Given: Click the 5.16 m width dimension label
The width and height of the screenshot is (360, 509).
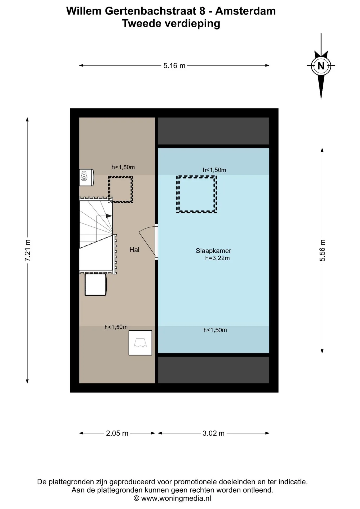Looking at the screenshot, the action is pyautogui.click(x=174, y=65).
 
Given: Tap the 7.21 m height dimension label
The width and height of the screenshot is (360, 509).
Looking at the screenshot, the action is pyautogui.click(x=28, y=250).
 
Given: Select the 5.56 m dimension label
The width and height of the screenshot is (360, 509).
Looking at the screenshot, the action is pyautogui.click(x=322, y=250).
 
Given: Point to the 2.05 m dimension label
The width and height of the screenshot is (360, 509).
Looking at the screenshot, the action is pyautogui.click(x=117, y=433).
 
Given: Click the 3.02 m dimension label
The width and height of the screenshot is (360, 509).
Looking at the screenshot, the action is pyautogui.click(x=213, y=433).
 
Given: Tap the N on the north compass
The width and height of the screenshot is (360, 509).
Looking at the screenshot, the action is pyautogui.click(x=321, y=66).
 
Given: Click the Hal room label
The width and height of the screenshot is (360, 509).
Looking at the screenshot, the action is pyautogui.click(x=134, y=249).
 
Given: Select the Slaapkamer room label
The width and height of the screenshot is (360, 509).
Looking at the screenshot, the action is pyautogui.click(x=213, y=251).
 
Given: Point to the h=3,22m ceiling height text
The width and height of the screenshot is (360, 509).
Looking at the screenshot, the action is pyautogui.click(x=217, y=258).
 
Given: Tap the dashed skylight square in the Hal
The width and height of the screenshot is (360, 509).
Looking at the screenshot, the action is pyautogui.click(x=120, y=177).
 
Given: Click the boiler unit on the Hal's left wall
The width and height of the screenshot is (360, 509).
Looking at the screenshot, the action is pyautogui.click(x=86, y=177).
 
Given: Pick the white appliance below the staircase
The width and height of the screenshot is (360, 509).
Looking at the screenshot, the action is pyautogui.click(x=95, y=285).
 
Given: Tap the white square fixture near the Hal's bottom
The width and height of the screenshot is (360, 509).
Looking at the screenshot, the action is pyautogui.click(x=140, y=343).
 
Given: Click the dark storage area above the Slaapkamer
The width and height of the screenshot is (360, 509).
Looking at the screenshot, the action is pyautogui.click(x=213, y=131).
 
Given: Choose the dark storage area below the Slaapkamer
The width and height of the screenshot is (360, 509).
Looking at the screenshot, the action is pyautogui.click(x=213, y=370).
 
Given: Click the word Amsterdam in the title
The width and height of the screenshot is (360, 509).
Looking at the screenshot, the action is pyautogui.click(x=245, y=11).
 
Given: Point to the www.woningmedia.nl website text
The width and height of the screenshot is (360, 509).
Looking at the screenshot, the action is pyautogui.click(x=176, y=498).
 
